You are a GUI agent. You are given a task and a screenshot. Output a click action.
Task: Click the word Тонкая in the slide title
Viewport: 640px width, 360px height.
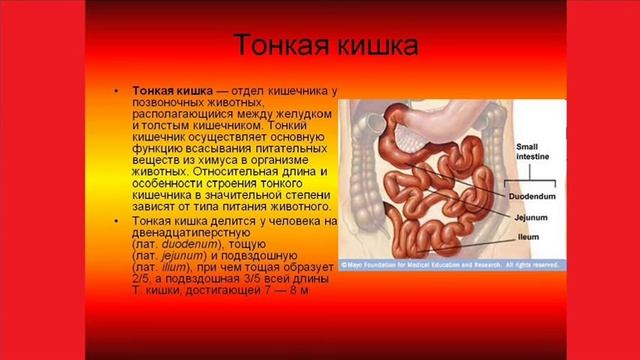pyautogui.click(x=276, y=47)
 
